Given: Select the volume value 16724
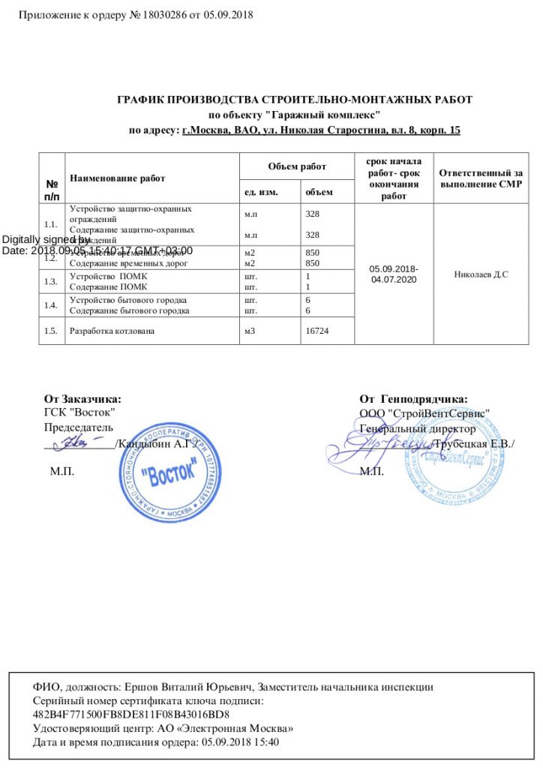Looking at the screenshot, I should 318,331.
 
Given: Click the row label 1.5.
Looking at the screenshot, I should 51,331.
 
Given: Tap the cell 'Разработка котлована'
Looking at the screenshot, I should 112,331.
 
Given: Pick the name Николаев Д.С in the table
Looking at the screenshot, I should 481,274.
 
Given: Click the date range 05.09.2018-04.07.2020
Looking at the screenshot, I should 394,274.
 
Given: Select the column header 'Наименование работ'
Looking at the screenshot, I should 117,178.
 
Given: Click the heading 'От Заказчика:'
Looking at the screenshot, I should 82,399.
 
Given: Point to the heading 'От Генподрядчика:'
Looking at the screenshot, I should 413,399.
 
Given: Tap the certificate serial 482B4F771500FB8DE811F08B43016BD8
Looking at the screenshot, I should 131,714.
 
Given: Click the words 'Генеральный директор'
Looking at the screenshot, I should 417,429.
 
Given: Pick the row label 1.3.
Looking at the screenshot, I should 51,281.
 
